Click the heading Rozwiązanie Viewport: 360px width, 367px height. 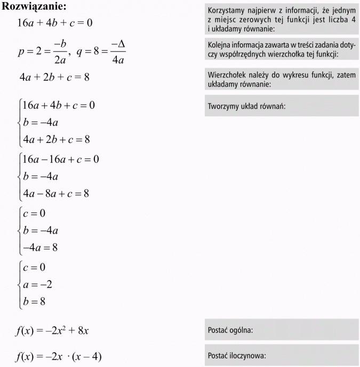(x=34, y=7)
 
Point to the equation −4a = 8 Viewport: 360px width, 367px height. (x=40, y=248)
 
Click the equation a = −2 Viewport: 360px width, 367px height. (x=37, y=284)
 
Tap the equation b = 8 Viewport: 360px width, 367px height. (x=34, y=301)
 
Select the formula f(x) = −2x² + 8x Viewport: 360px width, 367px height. (x=52, y=331)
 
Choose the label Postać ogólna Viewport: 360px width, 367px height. (x=230, y=330)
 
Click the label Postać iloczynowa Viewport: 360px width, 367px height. (x=236, y=356)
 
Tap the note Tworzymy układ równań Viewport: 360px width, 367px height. (x=247, y=106)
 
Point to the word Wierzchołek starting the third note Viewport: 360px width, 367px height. (x=227, y=75)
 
